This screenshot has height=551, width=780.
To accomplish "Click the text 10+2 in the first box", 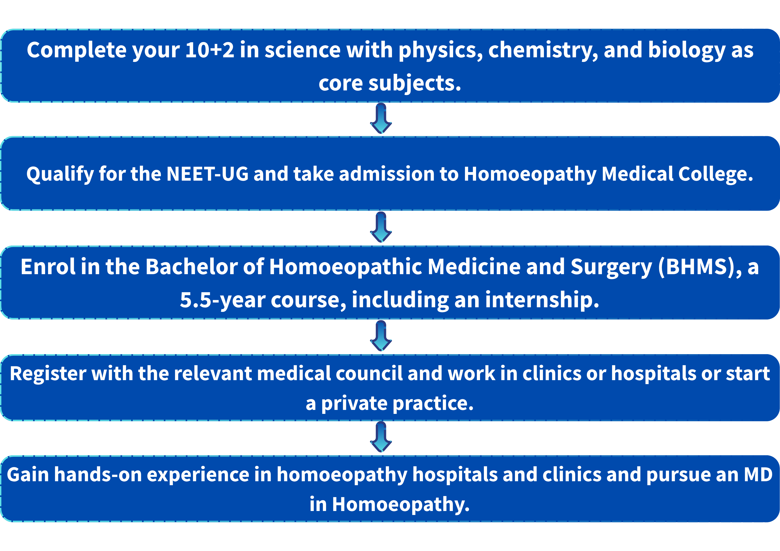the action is (x=210, y=50).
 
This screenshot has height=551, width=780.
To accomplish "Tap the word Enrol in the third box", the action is (x=48, y=267).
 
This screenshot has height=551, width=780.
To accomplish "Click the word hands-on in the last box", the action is (x=98, y=475).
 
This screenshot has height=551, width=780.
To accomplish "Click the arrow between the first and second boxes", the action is (x=381, y=118).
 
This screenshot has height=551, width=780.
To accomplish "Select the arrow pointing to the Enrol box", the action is (x=381, y=227).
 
